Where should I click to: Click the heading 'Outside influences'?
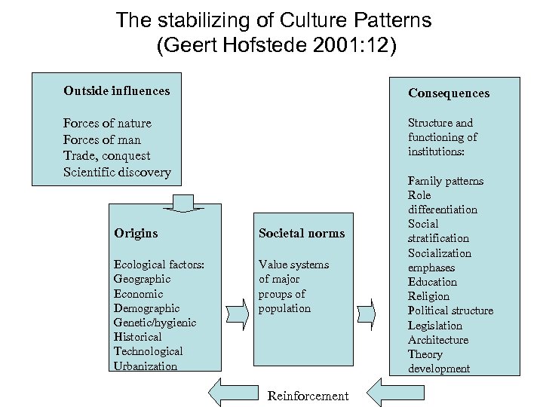coord(117,91)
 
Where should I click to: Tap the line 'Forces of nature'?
coord(107,123)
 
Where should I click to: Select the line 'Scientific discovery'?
coord(117,172)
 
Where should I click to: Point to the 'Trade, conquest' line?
coord(106,155)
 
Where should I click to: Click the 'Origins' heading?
coord(136,233)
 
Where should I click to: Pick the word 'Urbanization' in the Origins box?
coord(146,366)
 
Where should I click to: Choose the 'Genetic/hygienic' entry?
coord(155,323)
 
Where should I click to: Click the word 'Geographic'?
coord(142,279)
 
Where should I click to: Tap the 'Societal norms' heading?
coord(301,233)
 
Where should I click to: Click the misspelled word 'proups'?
coord(276,294)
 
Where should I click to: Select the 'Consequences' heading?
coord(449,93)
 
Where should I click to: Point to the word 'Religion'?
coord(428,296)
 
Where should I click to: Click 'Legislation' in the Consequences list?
coord(435,325)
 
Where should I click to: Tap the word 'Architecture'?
coord(438,340)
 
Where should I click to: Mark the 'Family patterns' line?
coord(446,181)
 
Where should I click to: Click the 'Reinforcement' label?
coord(308,396)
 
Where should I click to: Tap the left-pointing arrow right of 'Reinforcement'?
coord(385,392)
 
